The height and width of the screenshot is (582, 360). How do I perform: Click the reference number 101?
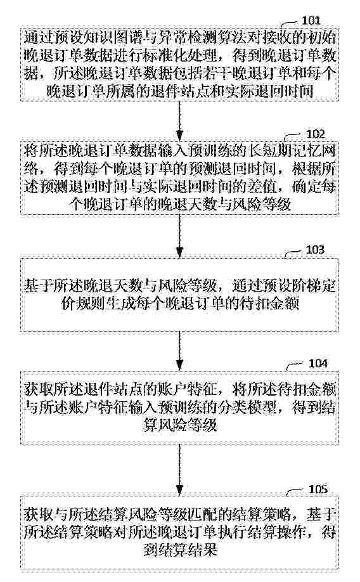point(311,20)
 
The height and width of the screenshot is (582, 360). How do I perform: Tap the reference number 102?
point(315,134)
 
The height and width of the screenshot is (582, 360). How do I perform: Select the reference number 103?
point(315,249)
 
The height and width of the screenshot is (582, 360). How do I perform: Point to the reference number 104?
point(318,363)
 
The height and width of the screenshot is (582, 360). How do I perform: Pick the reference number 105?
point(318,489)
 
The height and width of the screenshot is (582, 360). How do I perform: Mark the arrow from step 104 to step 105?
point(179,470)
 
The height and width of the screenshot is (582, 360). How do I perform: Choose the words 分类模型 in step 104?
point(250,408)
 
